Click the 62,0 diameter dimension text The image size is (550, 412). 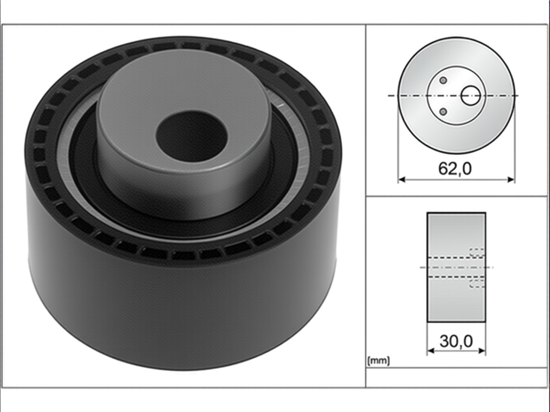click(455, 169)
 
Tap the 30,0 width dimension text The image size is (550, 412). click(456, 341)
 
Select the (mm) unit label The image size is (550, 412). click(378, 361)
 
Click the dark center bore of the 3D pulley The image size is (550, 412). click(191, 136)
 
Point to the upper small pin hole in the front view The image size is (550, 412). click(443, 80)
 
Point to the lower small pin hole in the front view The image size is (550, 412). click(443, 111)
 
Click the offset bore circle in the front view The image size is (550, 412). click(470, 95)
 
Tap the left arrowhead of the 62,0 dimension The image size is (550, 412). click(401, 179)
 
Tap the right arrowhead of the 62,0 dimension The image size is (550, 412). click(511, 179)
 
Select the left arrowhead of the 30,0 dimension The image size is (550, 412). click(431, 351)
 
